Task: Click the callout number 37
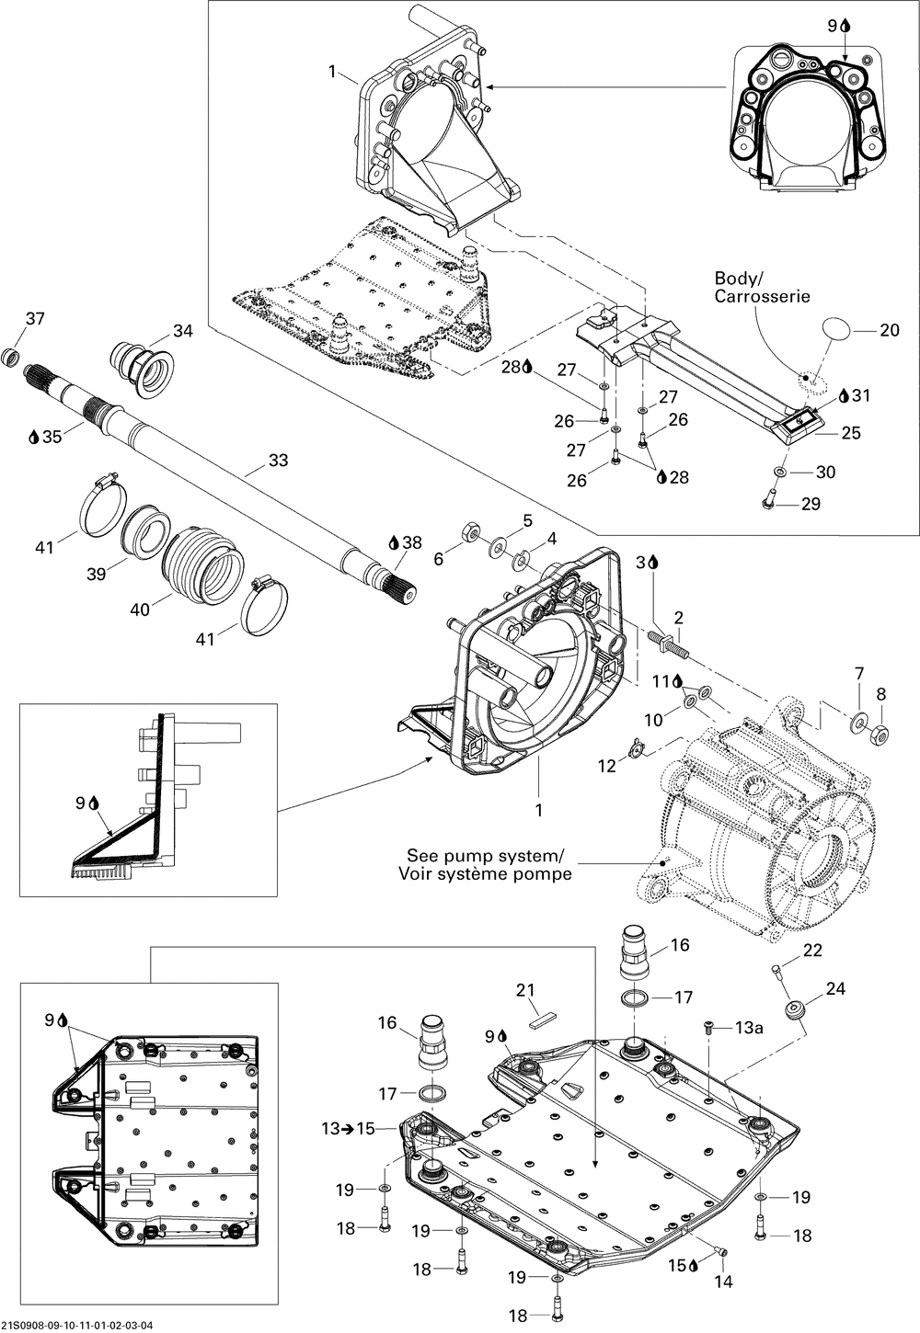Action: (x=35, y=319)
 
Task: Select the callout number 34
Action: (x=183, y=331)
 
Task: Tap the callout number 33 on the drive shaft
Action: (x=278, y=460)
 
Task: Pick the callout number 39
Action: (x=96, y=574)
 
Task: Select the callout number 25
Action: (x=851, y=433)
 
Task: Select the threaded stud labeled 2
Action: (x=668, y=644)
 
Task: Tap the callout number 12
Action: (x=607, y=766)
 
